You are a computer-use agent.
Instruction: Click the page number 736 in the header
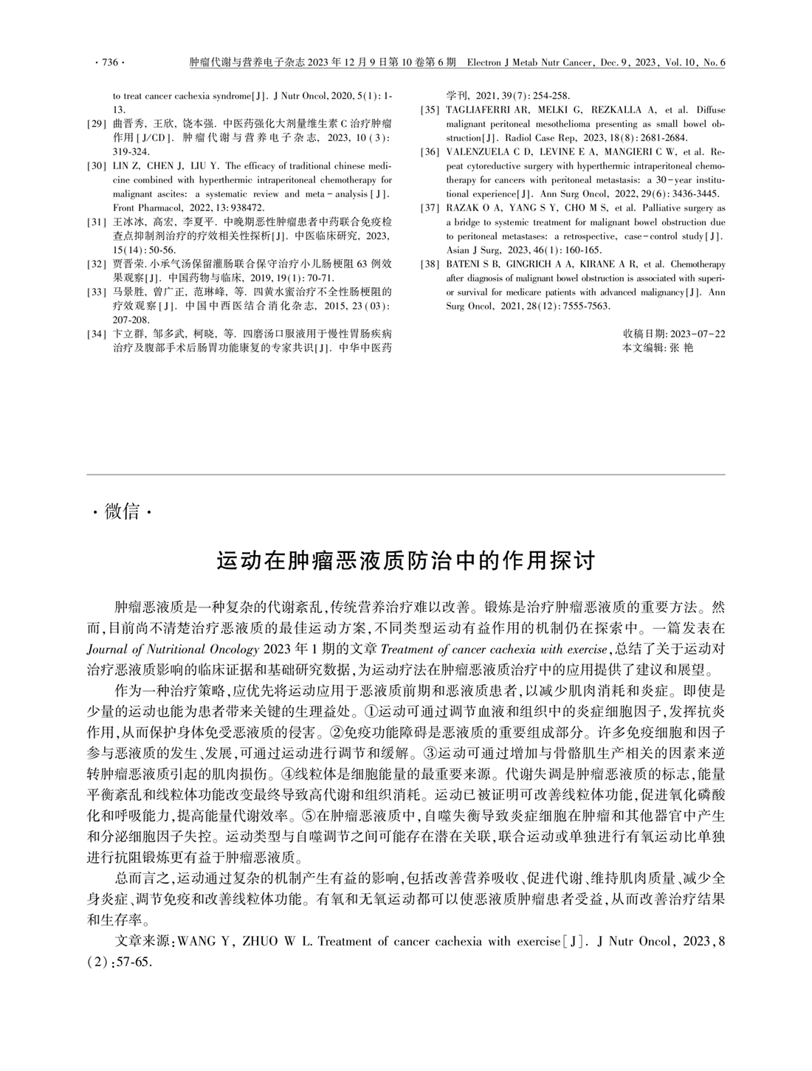point(109,63)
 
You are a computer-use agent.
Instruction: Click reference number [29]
point(97,124)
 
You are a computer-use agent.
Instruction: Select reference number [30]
point(97,166)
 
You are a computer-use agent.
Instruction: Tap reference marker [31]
point(97,221)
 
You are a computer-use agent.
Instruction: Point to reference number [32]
point(97,264)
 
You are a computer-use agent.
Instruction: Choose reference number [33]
point(97,292)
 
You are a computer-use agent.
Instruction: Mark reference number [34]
point(97,334)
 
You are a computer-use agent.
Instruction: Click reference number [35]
point(430,110)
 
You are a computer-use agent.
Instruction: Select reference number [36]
point(430,152)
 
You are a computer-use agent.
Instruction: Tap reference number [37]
point(430,208)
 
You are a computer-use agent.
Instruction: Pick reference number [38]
point(430,264)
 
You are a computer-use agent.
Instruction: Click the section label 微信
point(122,511)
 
